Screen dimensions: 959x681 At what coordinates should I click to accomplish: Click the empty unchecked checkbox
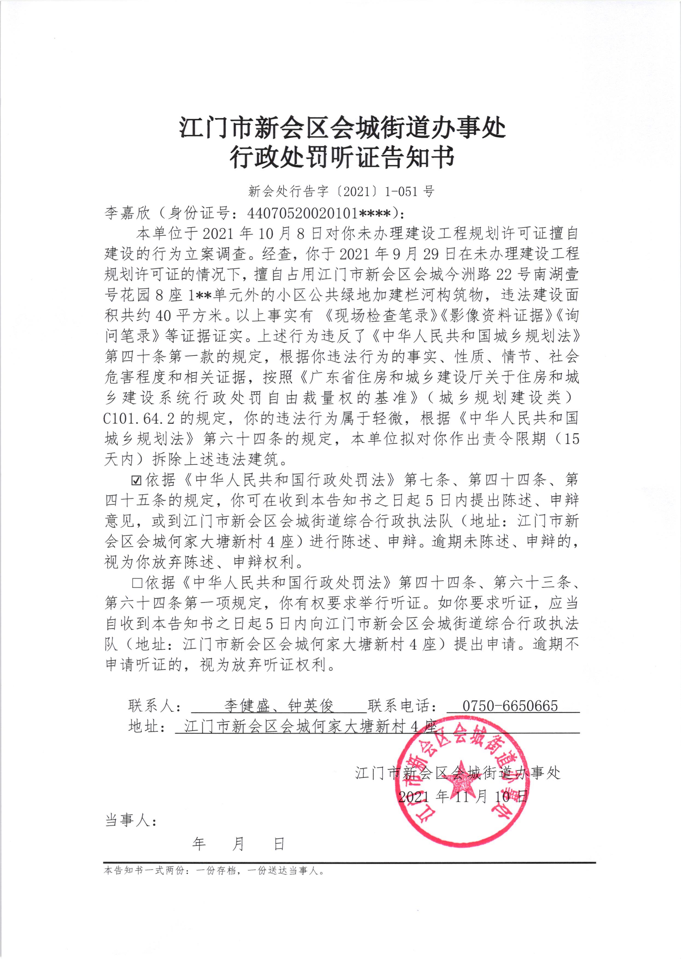coord(137,583)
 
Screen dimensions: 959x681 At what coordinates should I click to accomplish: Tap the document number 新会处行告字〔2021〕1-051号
coord(341,192)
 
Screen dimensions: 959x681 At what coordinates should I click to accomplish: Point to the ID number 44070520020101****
coord(319,213)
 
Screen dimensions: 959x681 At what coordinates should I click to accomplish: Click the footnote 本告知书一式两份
coord(214,871)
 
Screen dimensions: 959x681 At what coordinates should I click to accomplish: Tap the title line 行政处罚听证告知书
coord(342,158)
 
